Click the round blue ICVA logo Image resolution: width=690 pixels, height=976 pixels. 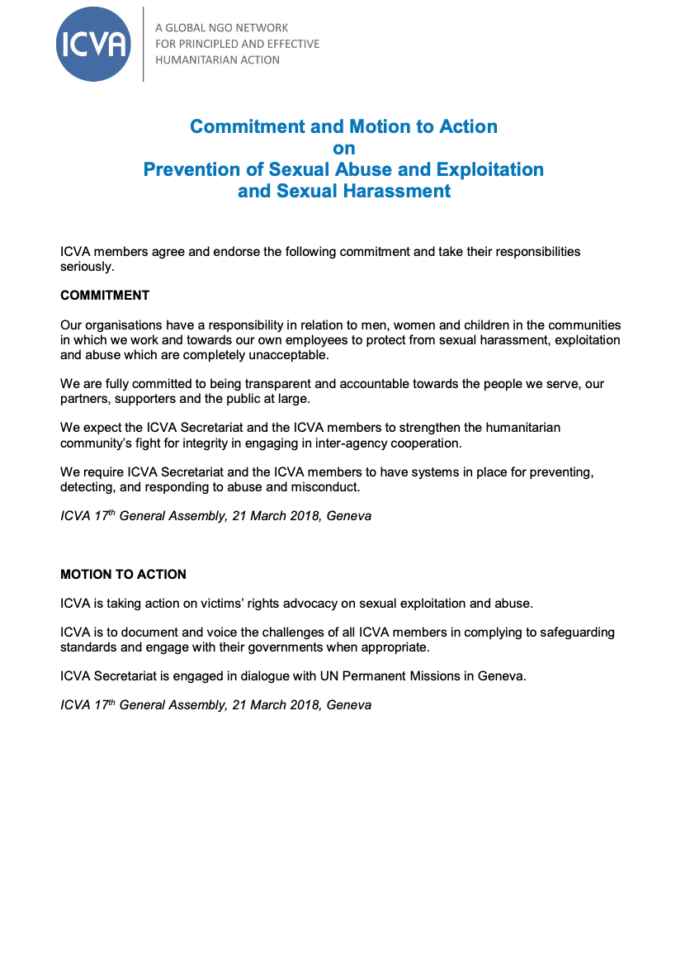93,45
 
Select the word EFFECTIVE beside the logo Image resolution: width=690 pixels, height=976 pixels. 289,44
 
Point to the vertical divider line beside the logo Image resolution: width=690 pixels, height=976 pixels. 144,45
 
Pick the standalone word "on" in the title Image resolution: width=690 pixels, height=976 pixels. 343,149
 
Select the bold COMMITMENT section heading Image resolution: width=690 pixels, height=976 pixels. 105,296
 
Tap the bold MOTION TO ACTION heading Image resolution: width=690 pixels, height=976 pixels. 123,575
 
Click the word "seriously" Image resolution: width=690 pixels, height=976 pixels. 86,267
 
